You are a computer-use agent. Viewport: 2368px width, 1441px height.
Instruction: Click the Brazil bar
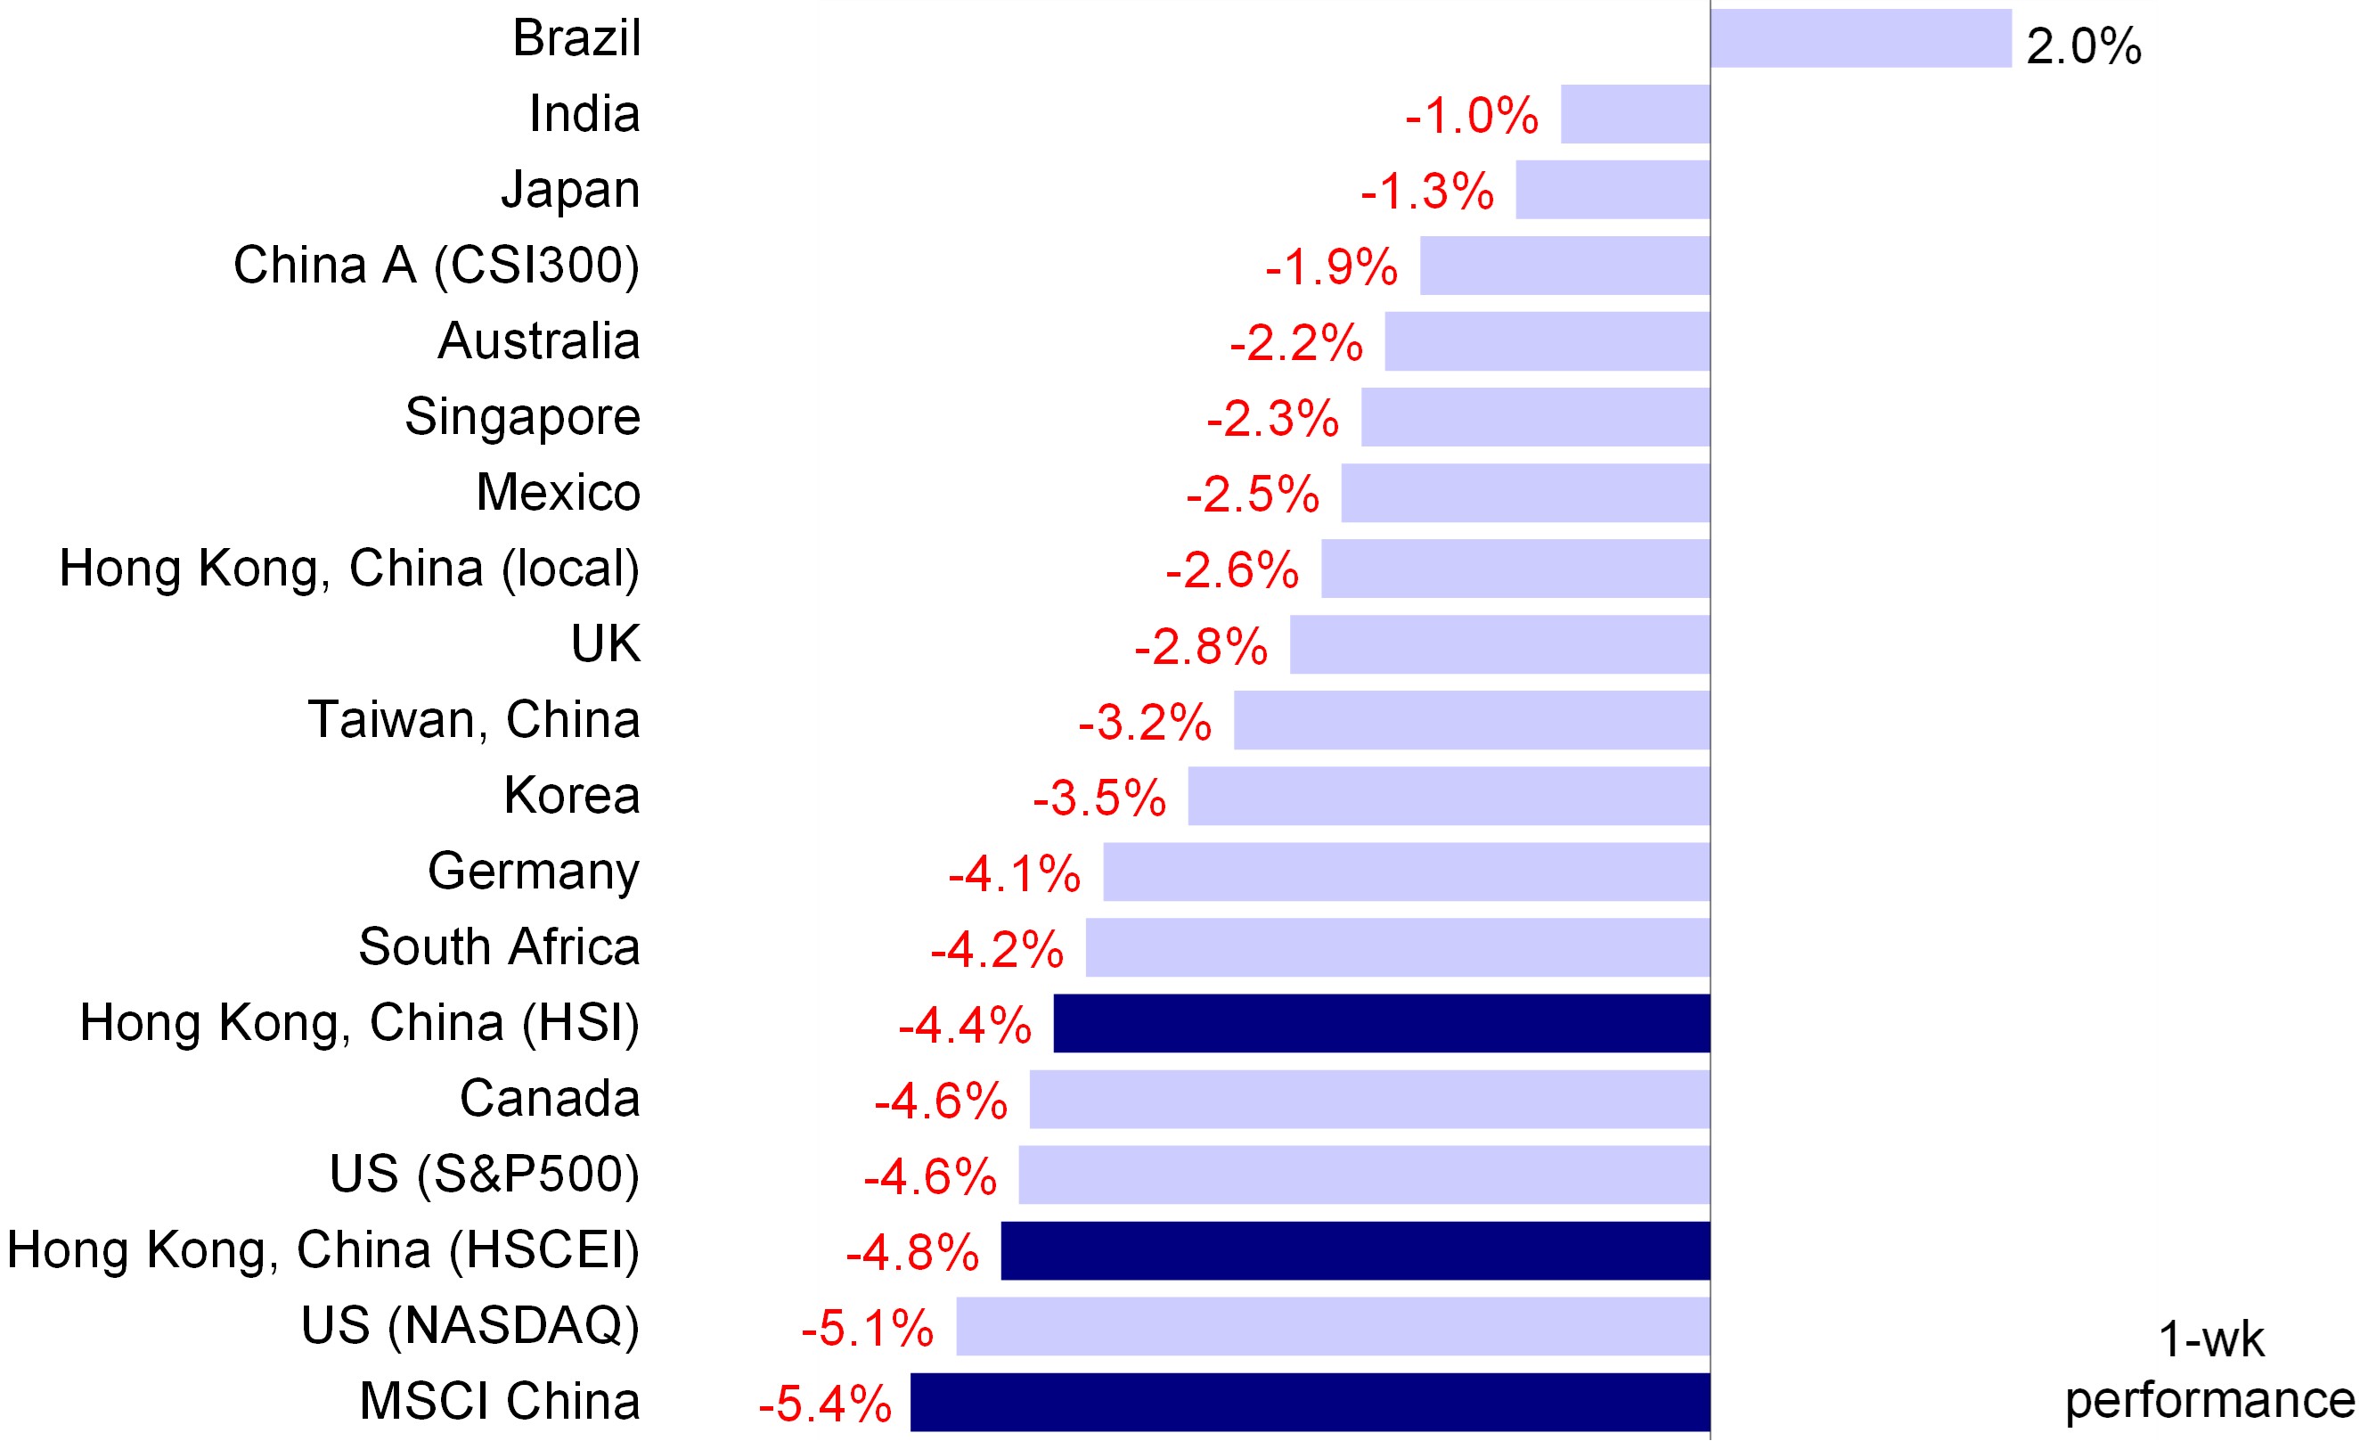pos(1860,38)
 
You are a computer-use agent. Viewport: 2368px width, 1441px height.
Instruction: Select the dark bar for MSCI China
pos(1310,1402)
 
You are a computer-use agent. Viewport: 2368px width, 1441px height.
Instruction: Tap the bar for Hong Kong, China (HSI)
pos(1381,1023)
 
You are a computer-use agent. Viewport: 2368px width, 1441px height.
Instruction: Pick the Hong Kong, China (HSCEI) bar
pos(1355,1250)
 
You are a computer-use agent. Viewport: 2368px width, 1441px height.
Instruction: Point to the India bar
pos(1635,113)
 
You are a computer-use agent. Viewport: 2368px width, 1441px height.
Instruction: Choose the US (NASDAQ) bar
pos(1333,1326)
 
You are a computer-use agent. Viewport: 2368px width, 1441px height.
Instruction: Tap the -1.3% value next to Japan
pos(1427,191)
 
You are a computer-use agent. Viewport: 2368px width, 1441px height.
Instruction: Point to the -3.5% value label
pos(1099,797)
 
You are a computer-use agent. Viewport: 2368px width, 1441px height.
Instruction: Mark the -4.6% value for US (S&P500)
pos(930,1175)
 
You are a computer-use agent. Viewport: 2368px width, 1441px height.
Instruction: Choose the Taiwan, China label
pos(474,719)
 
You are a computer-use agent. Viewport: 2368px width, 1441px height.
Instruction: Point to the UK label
pos(605,643)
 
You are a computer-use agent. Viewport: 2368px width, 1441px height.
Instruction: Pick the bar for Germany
pos(1406,872)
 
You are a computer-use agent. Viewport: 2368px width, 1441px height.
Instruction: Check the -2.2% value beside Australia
pos(1295,342)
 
